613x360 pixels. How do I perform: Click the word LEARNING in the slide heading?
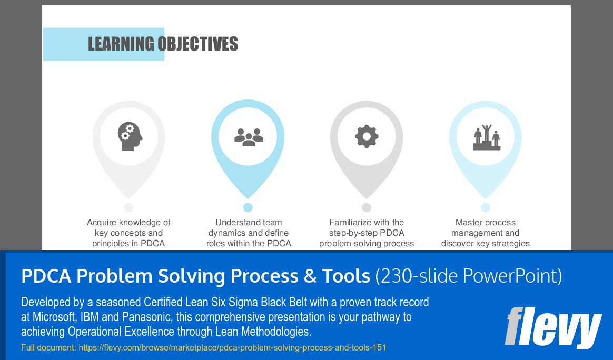click(121, 44)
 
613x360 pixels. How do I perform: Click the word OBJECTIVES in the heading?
click(198, 44)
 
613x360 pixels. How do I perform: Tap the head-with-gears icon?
click(130, 136)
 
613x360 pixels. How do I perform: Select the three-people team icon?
click(249, 137)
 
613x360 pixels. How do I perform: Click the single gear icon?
click(367, 136)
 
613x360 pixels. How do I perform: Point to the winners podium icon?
click(486, 137)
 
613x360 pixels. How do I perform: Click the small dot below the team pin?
click(248, 207)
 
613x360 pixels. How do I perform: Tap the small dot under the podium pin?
click(486, 207)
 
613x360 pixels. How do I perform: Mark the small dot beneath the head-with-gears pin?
click(128, 207)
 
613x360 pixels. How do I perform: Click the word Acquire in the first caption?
click(102, 223)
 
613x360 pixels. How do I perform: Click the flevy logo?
click(553, 327)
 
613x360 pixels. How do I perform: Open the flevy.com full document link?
click(232, 347)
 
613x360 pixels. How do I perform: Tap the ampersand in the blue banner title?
click(310, 276)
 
